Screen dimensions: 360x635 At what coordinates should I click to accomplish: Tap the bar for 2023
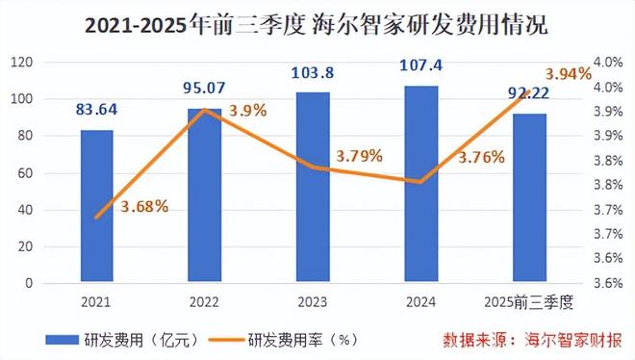click(313, 188)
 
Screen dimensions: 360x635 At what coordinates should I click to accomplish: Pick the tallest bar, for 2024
click(421, 185)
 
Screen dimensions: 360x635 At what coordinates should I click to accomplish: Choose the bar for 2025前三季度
click(529, 198)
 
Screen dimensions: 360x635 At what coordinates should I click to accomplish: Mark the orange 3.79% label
click(359, 154)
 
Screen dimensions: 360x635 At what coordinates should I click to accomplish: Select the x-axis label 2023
click(313, 301)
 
